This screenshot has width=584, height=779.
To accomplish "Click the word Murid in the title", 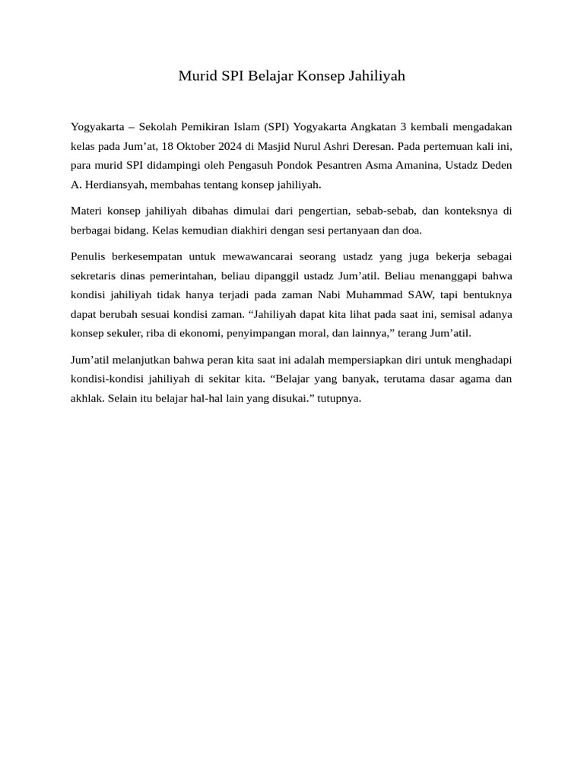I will pyautogui.click(x=196, y=76).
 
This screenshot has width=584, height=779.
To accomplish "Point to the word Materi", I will pyautogui.click(x=86, y=211).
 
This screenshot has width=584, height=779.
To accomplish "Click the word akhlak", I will pyautogui.click(x=87, y=398).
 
